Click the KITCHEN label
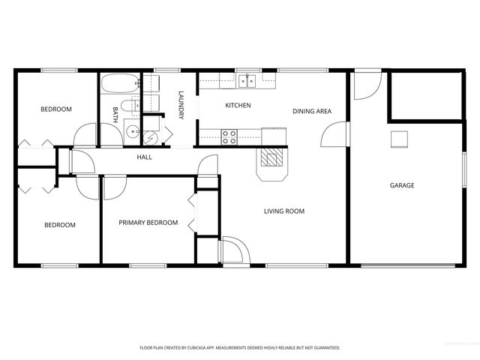238,106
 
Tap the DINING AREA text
312,112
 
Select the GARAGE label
401,185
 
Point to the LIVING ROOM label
284,211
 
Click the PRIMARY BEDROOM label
148,223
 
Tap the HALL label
145,157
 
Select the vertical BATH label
115,114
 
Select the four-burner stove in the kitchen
229,136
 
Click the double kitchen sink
247,81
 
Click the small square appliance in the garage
398,139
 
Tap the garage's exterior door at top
367,85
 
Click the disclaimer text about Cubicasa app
240,348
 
